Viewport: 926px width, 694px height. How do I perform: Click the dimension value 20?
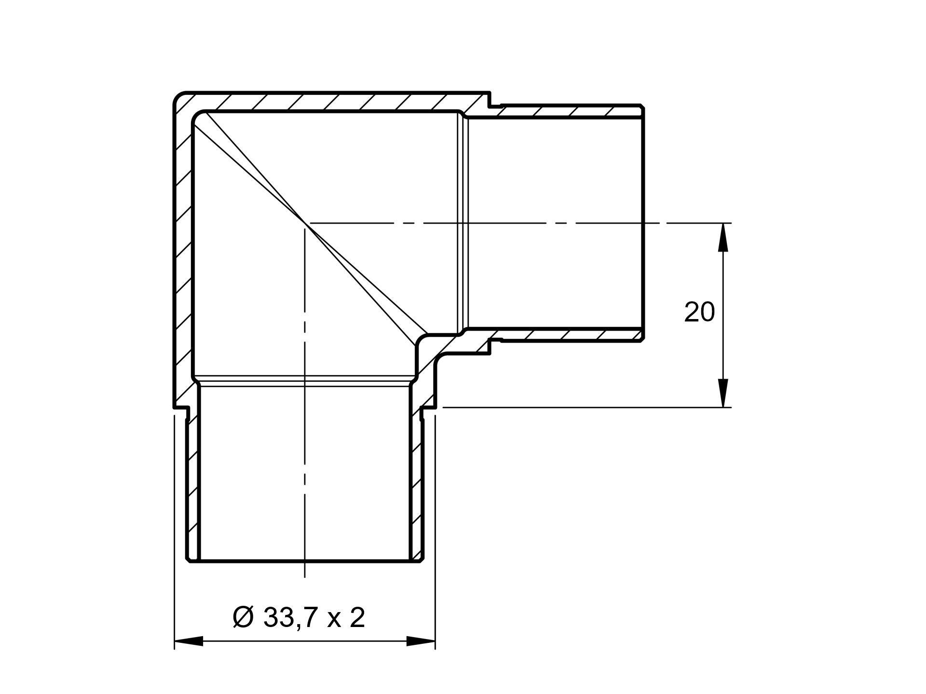[x=699, y=312]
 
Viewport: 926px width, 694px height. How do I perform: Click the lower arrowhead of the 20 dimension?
[x=722, y=393]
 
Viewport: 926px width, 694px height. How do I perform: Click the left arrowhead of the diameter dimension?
[x=188, y=641]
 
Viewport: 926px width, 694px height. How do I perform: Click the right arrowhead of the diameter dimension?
[x=421, y=641]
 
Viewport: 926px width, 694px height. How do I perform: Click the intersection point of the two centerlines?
[x=305, y=223]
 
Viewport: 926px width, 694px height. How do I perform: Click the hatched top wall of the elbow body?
[x=328, y=101]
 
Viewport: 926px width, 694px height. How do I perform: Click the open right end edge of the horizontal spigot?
[x=643, y=223]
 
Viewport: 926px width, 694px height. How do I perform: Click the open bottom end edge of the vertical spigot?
[x=305, y=561]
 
